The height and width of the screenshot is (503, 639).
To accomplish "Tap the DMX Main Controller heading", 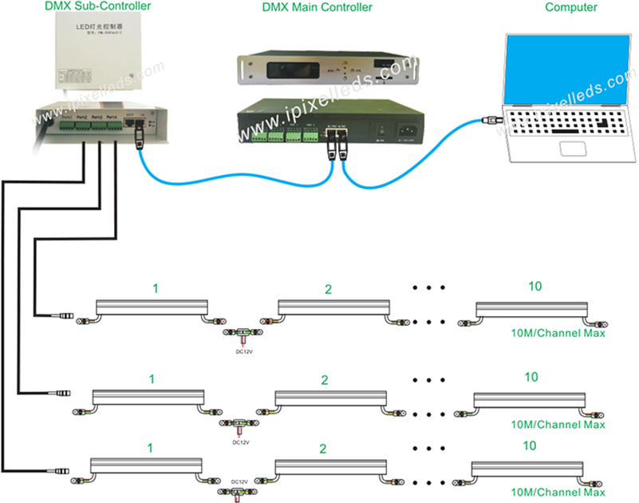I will [x=317, y=8].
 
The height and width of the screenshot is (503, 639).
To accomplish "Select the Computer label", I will [x=570, y=7].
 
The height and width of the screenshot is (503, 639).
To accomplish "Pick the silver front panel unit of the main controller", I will [x=327, y=69].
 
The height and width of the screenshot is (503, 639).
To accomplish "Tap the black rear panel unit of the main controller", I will [x=327, y=126].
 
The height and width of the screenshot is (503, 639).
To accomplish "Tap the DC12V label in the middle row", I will [x=240, y=441].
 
